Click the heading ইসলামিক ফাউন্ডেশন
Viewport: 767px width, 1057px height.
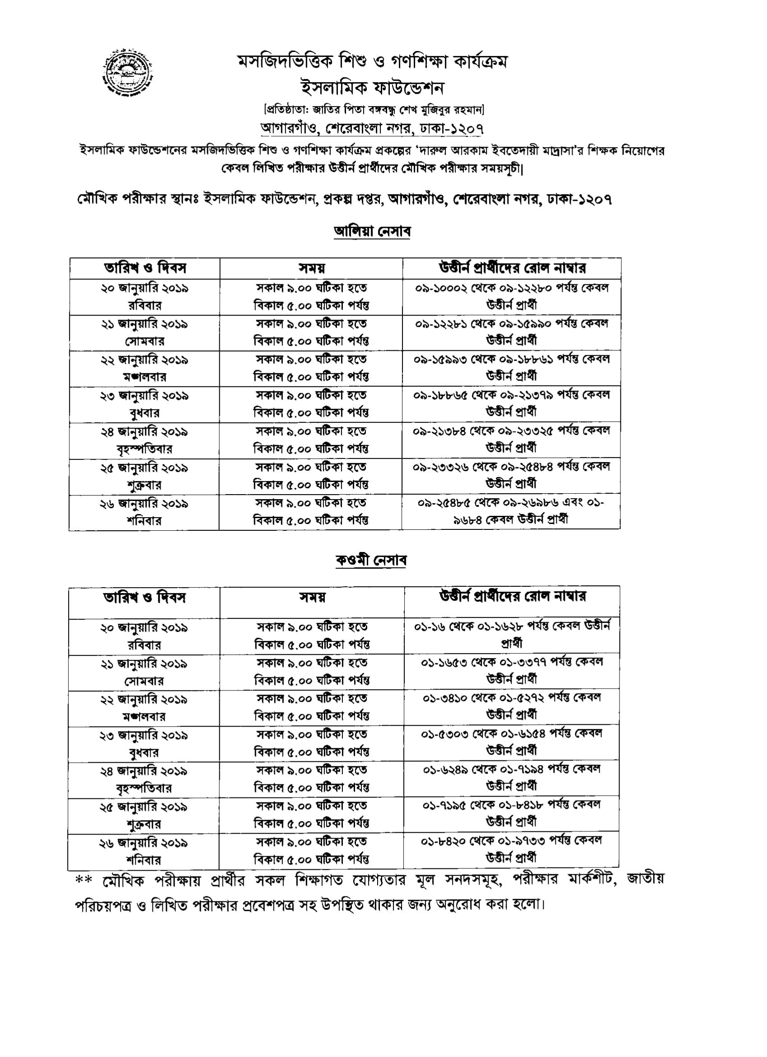372,88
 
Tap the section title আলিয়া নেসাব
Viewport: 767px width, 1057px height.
372,231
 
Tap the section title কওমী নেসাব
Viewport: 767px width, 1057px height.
371,560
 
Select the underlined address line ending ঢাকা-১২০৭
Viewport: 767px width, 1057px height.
371,128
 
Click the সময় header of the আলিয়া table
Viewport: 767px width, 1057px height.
311,269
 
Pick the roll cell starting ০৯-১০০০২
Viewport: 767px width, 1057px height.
512,297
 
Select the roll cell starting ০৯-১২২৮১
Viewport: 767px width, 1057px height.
512,332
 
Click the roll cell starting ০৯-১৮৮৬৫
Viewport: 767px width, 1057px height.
511,403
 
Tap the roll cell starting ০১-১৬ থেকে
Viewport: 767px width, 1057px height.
512,635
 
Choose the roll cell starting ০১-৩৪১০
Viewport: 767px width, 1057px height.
512,706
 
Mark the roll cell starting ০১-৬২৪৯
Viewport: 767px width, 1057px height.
512,778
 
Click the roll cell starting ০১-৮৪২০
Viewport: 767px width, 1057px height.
512,849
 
